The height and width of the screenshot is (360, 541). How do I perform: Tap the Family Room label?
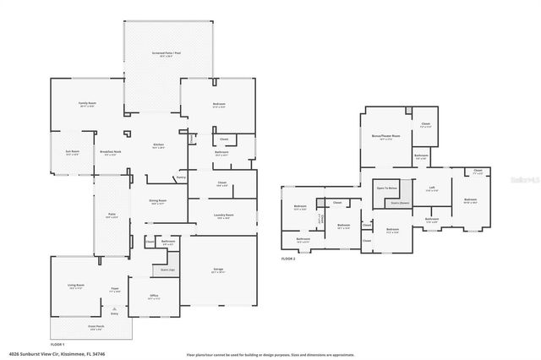pyautogui.click(x=87, y=104)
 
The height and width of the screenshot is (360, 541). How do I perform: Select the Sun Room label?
pyautogui.click(x=72, y=152)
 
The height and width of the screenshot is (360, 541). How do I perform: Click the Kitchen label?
pyautogui.click(x=157, y=145)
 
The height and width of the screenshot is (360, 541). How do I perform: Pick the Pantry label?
pyautogui.click(x=181, y=177)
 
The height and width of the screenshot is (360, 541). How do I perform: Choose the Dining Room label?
pyautogui.click(x=157, y=201)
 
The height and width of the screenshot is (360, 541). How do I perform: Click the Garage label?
pyautogui.click(x=218, y=270)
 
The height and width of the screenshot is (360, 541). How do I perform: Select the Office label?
pyautogui.click(x=154, y=297)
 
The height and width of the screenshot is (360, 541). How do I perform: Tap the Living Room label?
pyautogui.click(x=75, y=286)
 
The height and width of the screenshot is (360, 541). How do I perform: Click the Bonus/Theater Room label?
pyautogui.click(x=385, y=136)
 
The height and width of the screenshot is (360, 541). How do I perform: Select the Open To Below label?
pyautogui.click(x=386, y=188)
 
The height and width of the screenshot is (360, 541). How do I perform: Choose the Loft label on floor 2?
pyautogui.click(x=432, y=188)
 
